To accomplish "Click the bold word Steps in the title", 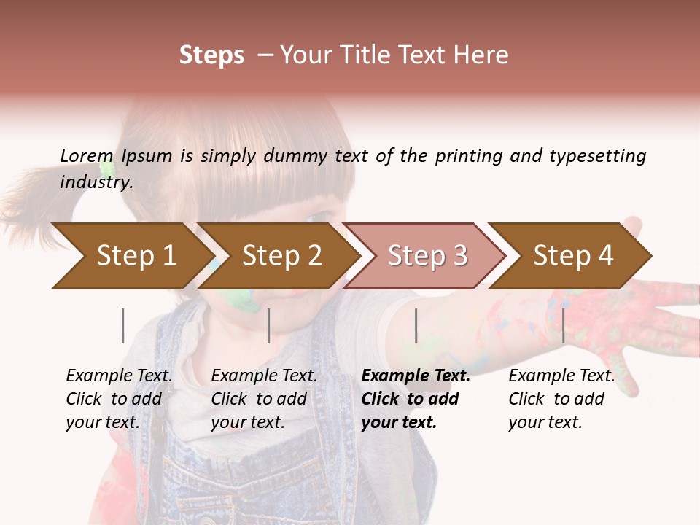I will point(211,55).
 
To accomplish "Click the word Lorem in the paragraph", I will point(87,155).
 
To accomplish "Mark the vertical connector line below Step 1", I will point(122,325).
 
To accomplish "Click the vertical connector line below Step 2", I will point(269,325).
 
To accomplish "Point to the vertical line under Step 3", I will point(416,325).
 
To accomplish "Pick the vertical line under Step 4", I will point(563,325).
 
